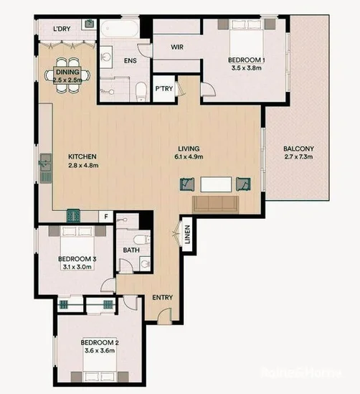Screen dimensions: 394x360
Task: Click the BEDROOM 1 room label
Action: (x=247, y=60)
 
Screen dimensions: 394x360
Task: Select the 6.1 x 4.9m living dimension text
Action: (x=190, y=165)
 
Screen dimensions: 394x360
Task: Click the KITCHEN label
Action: (x=82, y=156)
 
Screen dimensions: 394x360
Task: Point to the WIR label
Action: (x=179, y=47)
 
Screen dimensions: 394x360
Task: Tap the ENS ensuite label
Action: (x=131, y=61)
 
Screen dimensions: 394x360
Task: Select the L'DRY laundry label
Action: (x=65, y=29)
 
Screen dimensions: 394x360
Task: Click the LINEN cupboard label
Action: (x=186, y=235)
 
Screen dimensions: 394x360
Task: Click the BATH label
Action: (x=131, y=250)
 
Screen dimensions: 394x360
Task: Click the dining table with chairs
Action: (x=70, y=74)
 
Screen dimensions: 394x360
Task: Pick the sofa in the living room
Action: (x=215, y=205)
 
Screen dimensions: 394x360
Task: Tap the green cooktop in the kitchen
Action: (x=74, y=214)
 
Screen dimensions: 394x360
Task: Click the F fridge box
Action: (x=106, y=215)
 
